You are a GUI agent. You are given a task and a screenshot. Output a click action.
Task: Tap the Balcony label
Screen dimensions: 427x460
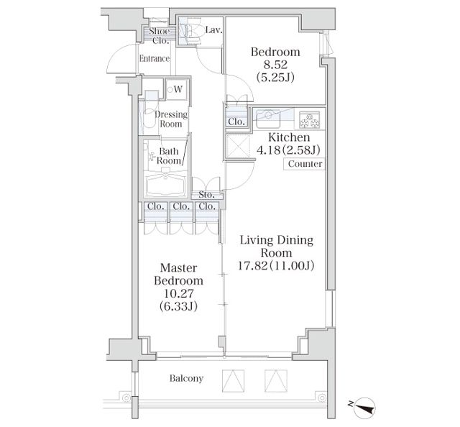tap(186, 378)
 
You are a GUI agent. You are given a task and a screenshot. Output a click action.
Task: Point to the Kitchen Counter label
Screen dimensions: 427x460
tap(305, 164)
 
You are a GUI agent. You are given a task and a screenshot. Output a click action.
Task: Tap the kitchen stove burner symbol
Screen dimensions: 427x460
tap(310, 117)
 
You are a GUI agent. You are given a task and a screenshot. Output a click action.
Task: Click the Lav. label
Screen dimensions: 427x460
tap(213, 30)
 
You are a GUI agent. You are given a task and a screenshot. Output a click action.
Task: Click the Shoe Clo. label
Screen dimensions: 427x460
tap(158, 36)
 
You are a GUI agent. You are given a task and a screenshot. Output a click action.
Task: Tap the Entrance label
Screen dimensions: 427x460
tap(154, 59)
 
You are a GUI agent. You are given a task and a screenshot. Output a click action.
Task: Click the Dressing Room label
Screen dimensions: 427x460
tap(172, 119)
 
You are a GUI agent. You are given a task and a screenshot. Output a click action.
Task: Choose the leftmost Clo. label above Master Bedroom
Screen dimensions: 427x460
tap(155, 207)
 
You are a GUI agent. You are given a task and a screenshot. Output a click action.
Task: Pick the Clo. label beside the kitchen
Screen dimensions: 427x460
tap(236, 121)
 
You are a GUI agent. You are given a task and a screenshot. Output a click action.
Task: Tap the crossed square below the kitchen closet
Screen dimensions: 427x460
tap(236, 145)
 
